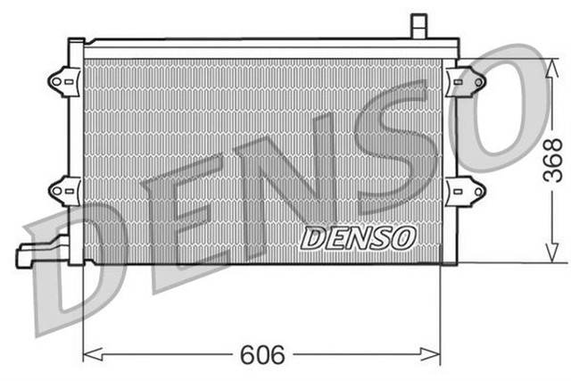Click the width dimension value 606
coord(261,355)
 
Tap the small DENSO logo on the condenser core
coord(358,237)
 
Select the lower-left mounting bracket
coord(61,189)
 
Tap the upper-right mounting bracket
coord(467,80)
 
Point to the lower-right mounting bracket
coord(467,190)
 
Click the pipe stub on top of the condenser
coord(418,26)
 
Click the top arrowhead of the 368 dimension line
coord(550,65)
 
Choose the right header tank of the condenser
coord(450,152)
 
